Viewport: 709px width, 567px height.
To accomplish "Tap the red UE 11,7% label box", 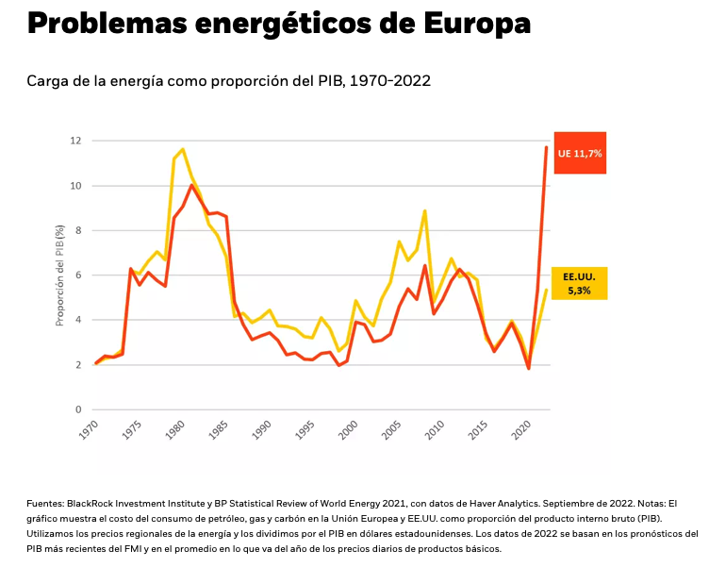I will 580,152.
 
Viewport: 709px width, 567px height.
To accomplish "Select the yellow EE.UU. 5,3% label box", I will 577,283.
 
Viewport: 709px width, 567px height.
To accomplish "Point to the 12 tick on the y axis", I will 74,141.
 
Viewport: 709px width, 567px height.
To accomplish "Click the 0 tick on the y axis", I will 77,409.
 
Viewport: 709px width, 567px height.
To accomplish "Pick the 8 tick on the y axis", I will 77,230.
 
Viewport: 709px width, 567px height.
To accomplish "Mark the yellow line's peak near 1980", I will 183,149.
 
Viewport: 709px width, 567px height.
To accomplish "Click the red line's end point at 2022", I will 546,147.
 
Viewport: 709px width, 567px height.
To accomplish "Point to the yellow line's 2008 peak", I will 425,211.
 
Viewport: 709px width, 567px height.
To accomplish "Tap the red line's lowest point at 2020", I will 529,368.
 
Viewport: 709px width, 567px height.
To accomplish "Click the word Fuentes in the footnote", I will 47,505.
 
